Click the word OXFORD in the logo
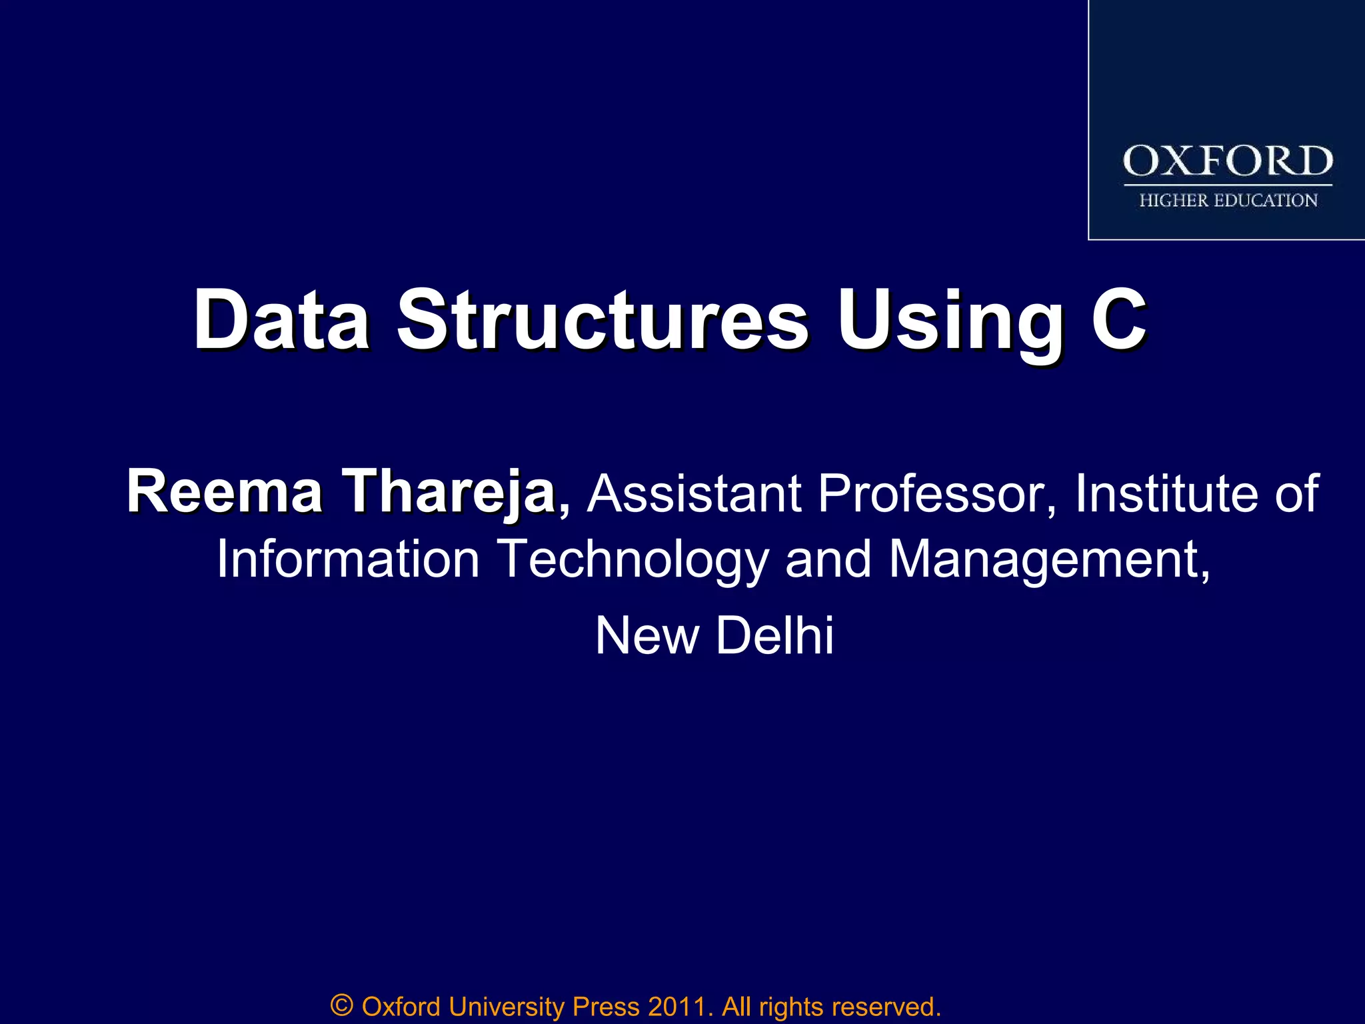(1228, 161)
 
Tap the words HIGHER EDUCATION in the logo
(1228, 201)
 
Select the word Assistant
(694, 493)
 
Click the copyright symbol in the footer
(341, 1005)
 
